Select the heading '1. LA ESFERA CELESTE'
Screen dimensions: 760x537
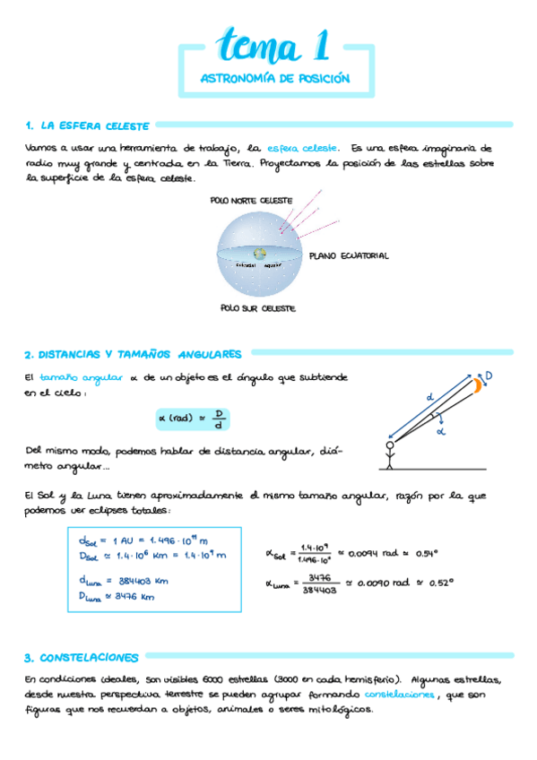88,125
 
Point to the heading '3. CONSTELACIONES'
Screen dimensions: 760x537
82,657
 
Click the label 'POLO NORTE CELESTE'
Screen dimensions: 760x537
252,201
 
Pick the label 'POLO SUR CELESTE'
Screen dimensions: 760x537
258,307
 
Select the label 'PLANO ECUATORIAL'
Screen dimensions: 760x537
349,255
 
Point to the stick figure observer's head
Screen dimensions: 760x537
390,445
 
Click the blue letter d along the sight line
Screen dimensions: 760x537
429,395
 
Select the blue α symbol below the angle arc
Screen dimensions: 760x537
440,431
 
